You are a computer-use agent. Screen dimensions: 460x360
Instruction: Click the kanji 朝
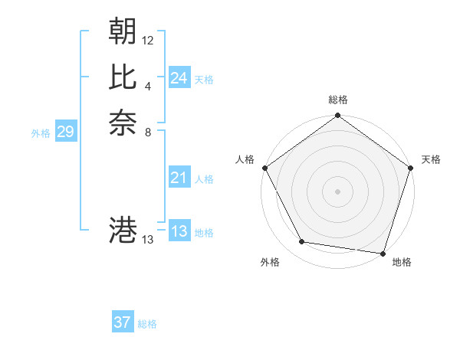[x=123, y=31]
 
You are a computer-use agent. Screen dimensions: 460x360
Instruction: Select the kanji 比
[x=123, y=77]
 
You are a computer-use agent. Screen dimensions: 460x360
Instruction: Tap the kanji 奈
[x=123, y=123]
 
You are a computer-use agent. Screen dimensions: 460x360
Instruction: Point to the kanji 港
[x=123, y=230]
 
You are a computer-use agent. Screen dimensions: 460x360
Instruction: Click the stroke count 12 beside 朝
[x=148, y=40]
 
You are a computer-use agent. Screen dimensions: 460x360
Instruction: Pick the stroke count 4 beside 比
[x=148, y=86]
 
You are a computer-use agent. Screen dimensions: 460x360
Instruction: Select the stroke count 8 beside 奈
[x=148, y=132]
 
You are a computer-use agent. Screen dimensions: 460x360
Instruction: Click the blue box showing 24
[x=179, y=78]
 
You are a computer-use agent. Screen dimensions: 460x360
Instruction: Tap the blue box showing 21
[x=179, y=178]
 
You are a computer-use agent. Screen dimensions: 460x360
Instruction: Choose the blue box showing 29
[x=65, y=132]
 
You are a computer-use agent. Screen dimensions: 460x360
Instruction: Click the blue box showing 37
[x=122, y=322]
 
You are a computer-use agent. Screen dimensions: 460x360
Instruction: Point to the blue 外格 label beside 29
[x=41, y=133]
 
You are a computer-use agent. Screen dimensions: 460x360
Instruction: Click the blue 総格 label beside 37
[x=147, y=324]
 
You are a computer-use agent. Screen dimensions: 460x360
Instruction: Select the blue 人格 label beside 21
[x=204, y=179]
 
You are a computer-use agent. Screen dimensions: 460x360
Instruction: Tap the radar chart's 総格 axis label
[x=337, y=100]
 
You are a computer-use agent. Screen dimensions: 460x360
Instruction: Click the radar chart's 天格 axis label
[x=431, y=159]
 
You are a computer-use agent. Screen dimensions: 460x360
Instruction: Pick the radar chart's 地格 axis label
[x=402, y=263]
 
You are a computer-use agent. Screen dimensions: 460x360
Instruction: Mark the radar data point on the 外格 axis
[x=302, y=242]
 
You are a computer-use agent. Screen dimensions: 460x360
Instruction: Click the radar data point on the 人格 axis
[x=264, y=167]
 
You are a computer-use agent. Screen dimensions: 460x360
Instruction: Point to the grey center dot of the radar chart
[x=337, y=191]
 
